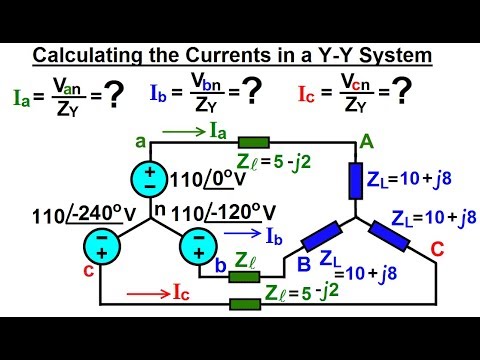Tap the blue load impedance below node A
[357, 183]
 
